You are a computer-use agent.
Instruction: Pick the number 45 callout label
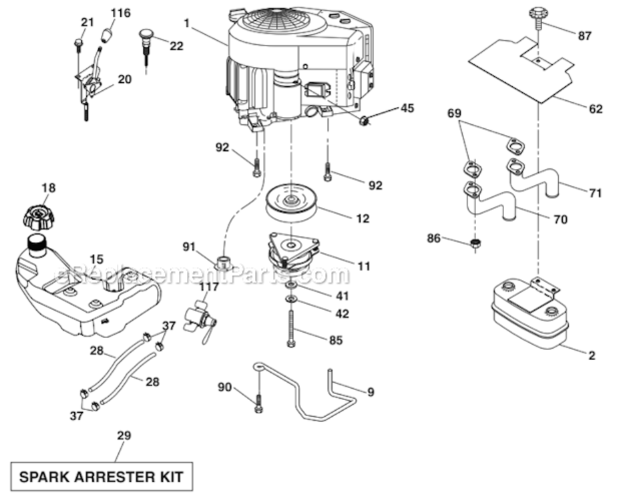pyautogui.click(x=407, y=108)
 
